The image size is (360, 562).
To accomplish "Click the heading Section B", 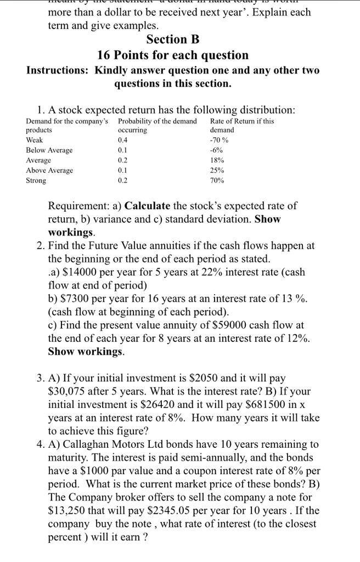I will (173, 40).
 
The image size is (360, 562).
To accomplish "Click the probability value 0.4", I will (122, 140).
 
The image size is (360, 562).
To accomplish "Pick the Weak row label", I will (34, 140).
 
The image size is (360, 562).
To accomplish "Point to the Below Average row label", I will (49, 150).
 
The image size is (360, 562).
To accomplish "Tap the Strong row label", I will (36, 181).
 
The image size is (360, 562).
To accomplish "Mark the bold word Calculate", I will (148, 206).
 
